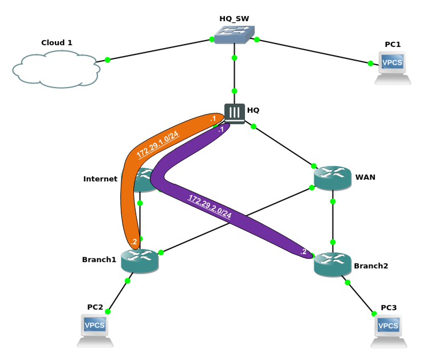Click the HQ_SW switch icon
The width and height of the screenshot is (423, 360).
[235, 36]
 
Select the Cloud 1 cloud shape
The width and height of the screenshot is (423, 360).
[56, 69]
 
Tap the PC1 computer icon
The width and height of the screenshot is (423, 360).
[393, 68]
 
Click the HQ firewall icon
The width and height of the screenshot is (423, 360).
[235, 113]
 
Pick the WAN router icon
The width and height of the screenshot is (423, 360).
[332, 178]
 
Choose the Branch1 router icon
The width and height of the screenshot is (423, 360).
[140, 260]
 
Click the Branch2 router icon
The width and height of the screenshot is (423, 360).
[332, 264]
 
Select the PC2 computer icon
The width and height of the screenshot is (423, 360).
[95, 330]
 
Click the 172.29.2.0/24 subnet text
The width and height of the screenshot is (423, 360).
[209, 207]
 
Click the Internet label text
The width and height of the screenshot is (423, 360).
[100, 179]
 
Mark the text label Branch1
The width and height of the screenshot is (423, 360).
[99, 259]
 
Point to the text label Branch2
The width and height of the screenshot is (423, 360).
[371, 266]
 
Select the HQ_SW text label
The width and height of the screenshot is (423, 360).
[234, 18]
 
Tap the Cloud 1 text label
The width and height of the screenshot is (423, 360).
[57, 42]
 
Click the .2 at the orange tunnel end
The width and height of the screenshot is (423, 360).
[134, 242]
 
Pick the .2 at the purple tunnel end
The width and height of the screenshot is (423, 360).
[303, 251]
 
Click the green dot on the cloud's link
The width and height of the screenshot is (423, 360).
[107, 60]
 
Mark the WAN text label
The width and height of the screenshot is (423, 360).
[365, 177]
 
